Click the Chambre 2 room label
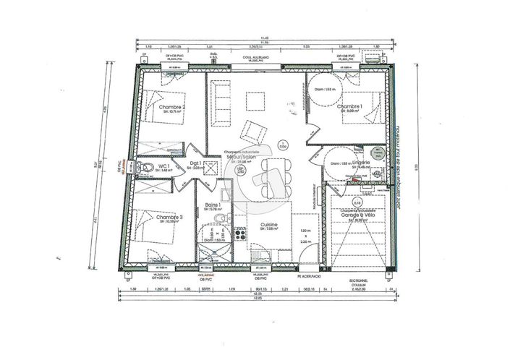(172, 108)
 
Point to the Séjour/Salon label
(242, 156)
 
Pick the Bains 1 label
(213, 205)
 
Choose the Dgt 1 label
(195, 163)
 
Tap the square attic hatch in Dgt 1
(211, 167)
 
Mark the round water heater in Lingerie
(378, 153)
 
